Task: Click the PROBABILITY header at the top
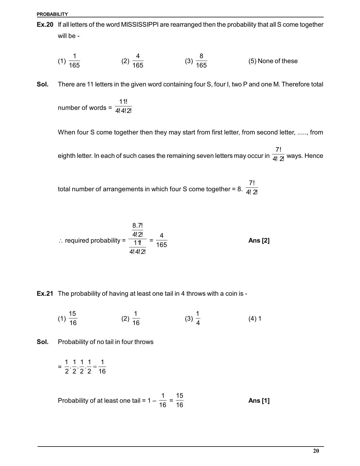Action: pos(52,14)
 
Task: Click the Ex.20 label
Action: pos(45,25)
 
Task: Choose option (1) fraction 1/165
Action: pos(74,61)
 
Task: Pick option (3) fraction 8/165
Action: pos(201,61)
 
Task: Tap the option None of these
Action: pos(277,61)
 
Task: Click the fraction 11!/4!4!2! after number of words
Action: pos(123,106)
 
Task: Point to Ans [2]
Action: pos(259,241)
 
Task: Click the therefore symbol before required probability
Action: pos(61,241)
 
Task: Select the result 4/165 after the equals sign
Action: pos(162,240)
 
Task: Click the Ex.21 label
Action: pos(45,294)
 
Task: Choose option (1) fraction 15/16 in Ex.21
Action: pos(73,318)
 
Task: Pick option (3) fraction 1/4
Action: pos(198,318)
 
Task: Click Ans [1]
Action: pos(259,401)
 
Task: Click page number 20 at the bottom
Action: pos(316,451)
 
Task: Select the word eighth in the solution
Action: pos(67,156)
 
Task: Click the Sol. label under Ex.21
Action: pos(43,342)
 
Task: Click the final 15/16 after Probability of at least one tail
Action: pos(180,400)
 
